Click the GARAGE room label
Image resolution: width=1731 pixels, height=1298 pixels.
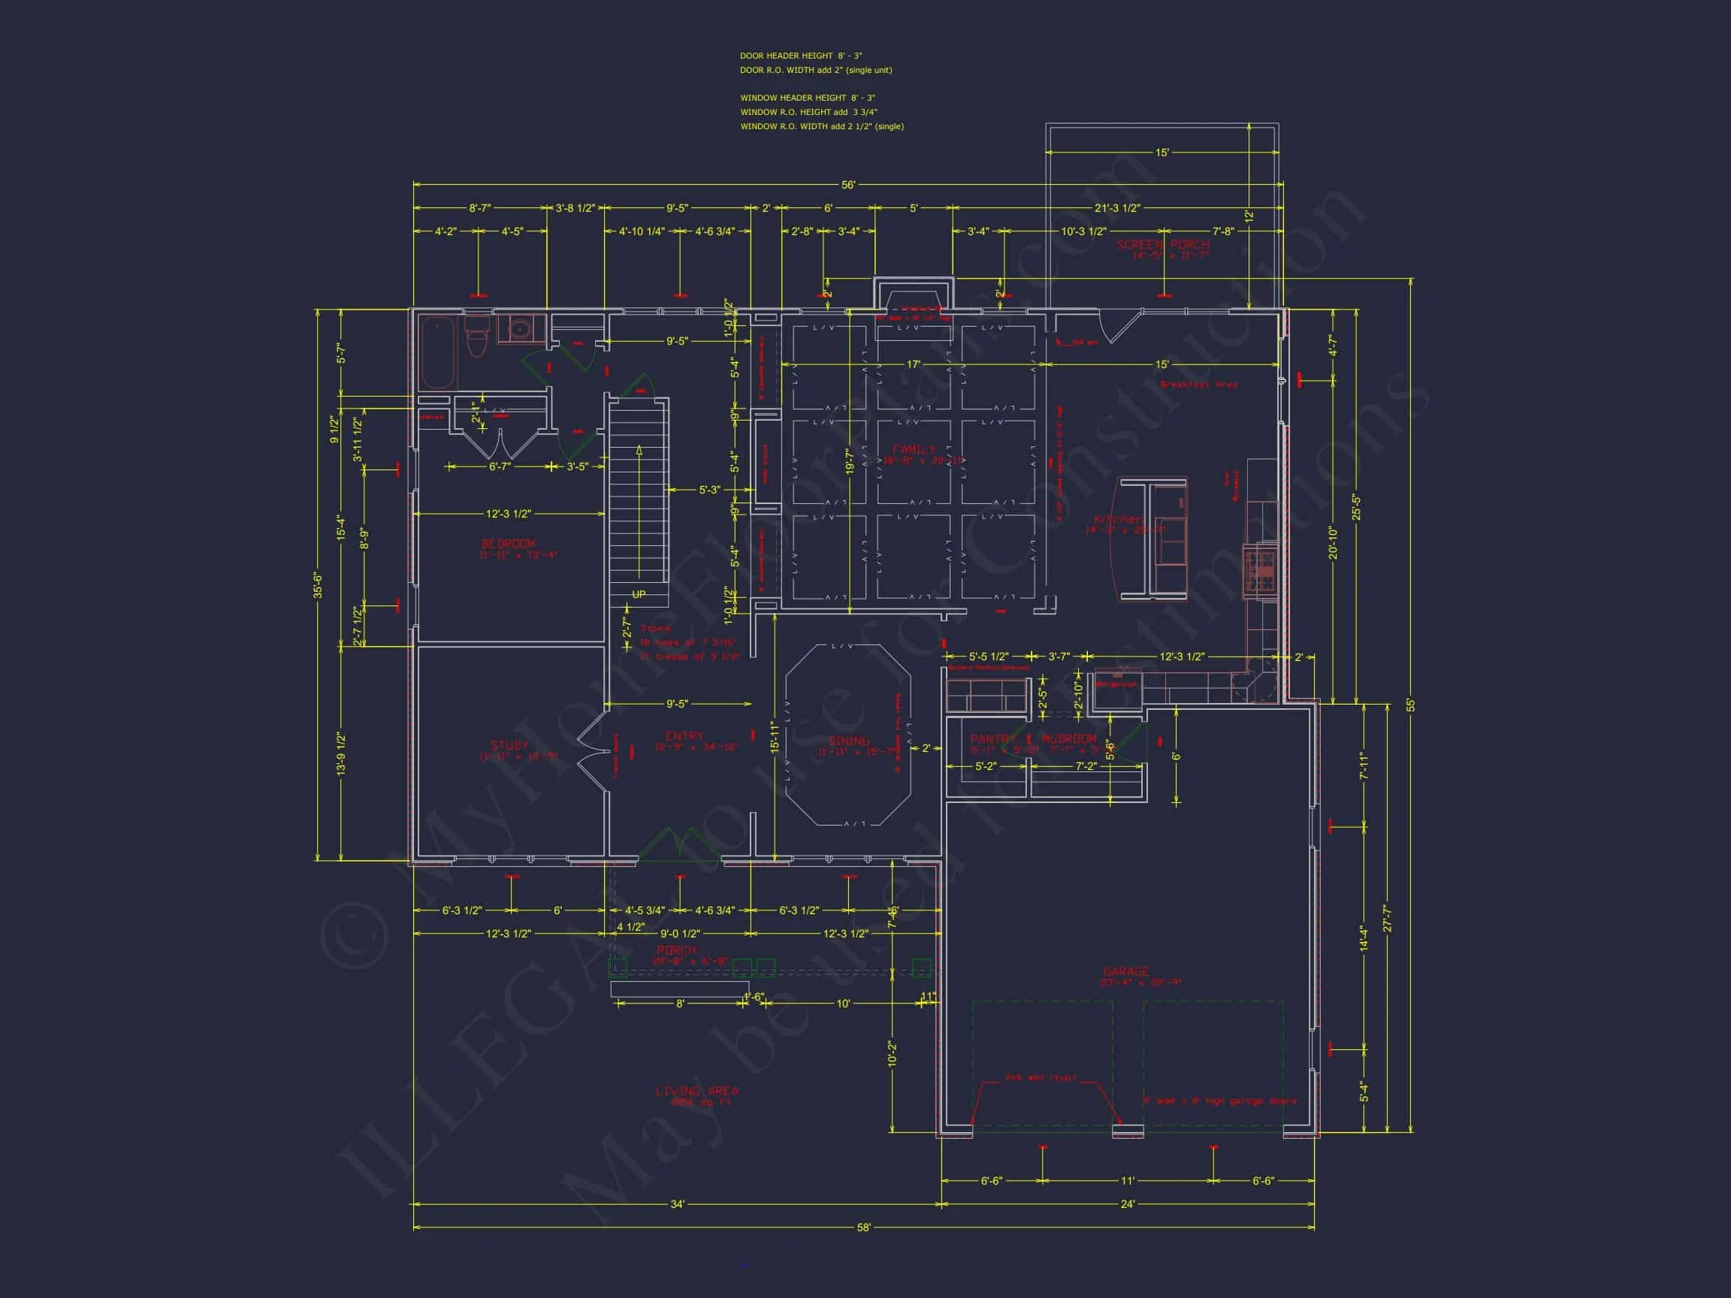click(1125, 971)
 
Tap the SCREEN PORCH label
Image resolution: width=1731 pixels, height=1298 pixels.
click(1163, 245)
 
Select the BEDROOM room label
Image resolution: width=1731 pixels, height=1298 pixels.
click(509, 544)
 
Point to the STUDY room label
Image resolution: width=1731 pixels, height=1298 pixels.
click(509, 746)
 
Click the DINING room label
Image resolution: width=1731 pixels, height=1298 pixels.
click(849, 741)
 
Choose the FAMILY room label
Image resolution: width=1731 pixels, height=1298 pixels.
click(914, 449)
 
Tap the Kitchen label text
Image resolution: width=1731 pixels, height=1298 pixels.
click(1117, 520)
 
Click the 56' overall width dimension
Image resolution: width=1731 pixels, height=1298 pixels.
click(848, 186)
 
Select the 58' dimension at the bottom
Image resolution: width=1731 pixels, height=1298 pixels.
click(863, 1227)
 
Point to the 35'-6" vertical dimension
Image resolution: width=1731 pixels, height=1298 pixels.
click(318, 585)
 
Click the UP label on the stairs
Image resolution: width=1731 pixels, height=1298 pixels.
click(639, 595)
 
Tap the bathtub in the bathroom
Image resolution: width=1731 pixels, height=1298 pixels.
click(437, 352)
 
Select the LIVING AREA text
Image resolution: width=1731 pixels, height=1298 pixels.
click(696, 1091)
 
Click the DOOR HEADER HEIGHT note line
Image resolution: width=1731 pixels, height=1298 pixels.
click(801, 56)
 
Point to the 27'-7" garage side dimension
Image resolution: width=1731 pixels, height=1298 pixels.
click(1388, 918)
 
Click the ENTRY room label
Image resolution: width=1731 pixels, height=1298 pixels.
click(684, 736)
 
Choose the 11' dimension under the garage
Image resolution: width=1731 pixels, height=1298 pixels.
click(1128, 1181)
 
